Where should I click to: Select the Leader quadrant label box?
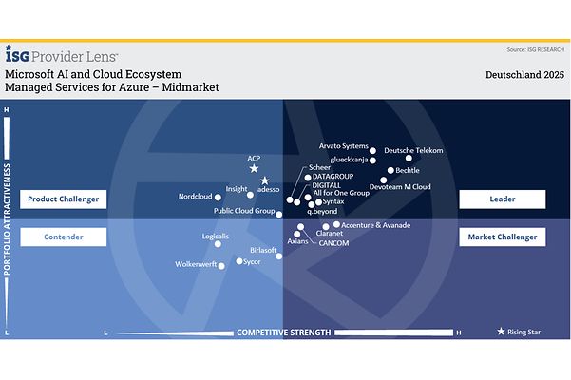coord(502,199)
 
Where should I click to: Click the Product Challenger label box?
coord(63,199)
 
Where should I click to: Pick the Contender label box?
coord(63,237)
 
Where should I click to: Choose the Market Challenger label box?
coord(502,237)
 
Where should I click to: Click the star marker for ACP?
coord(254,168)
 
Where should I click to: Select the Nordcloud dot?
coord(218,198)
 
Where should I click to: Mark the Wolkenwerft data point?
coord(222,266)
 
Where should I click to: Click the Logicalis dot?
coord(218,244)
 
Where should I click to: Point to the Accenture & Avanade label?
coord(375,225)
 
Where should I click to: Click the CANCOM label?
coord(333,243)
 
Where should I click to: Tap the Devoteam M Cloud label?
coord(400,187)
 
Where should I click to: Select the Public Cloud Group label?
coord(244,211)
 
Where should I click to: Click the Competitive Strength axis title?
coord(283,332)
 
